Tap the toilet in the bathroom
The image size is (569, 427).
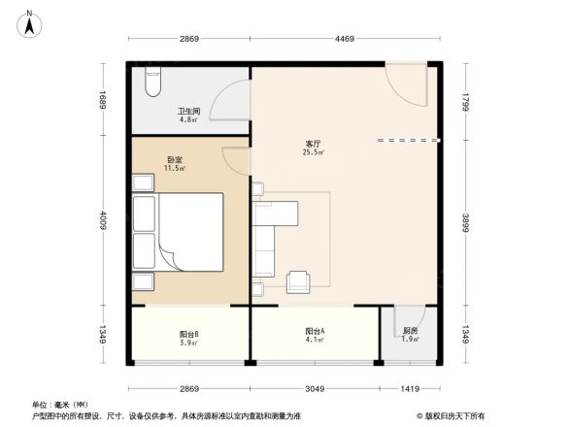click(150, 82)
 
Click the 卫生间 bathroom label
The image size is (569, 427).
click(187, 112)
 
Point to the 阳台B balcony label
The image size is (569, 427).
click(189, 334)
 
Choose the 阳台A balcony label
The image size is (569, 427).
click(314, 331)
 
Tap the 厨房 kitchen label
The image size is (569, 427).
click(410, 331)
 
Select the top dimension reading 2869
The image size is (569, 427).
click(189, 39)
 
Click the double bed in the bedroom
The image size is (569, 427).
click(187, 234)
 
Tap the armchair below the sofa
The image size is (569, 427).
click(299, 280)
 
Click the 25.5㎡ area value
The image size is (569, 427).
click(314, 152)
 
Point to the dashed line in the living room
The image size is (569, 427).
click(407, 142)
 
